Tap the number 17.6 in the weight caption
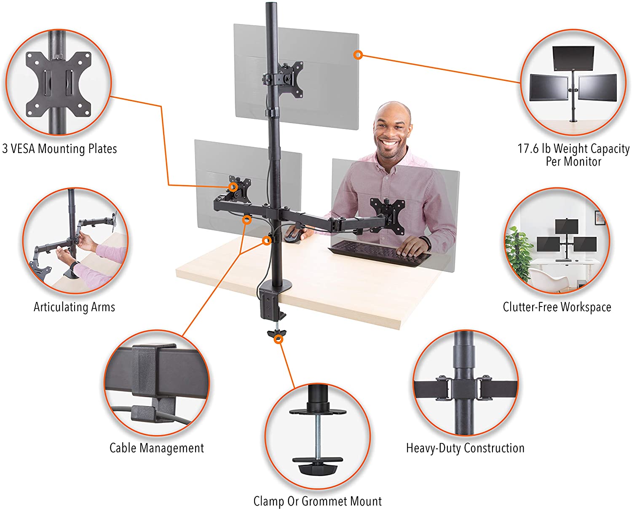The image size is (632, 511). [528, 148]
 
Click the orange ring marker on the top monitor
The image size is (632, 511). [358, 55]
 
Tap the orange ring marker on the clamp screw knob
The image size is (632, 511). [278, 339]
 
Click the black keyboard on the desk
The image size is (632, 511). [380, 253]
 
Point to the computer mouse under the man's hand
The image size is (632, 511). [293, 235]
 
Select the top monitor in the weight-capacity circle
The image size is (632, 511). [573, 58]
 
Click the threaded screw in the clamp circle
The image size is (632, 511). [318, 437]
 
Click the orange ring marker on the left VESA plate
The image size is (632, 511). [233, 187]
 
